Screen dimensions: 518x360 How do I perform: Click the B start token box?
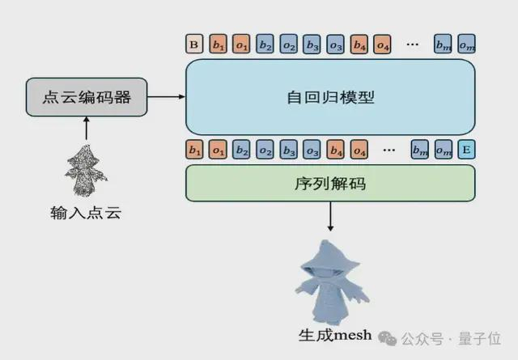tap(194, 44)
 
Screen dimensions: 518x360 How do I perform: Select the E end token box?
tap(466, 150)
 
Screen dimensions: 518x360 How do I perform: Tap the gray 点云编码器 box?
tap(87, 97)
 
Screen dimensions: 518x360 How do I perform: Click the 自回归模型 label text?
tap(330, 97)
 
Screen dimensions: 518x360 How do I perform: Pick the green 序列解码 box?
tap(330, 184)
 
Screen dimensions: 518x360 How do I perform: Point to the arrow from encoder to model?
tap(166, 97)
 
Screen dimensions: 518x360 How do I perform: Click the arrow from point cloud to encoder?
tap(87, 128)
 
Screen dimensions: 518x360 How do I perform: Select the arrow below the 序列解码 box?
tap(330, 217)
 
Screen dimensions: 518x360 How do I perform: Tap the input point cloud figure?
tap(86, 171)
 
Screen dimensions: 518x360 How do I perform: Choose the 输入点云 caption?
tap(86, 213)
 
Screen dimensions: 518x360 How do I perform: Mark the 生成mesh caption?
tap(335, 335)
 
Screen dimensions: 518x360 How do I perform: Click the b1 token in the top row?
tap(218, 44)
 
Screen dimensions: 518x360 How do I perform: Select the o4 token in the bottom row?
tap(359, 150)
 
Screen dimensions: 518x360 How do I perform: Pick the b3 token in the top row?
tap(312, 44)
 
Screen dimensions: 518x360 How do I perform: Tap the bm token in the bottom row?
tap(420, 150)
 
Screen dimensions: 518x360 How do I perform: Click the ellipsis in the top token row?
tap(412, 44)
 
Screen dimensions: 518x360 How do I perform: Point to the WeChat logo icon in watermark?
tap(387, 338)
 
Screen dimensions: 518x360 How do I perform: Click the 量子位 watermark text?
tap(479, 338)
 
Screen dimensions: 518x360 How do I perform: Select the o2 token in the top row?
tap(289, 44)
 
